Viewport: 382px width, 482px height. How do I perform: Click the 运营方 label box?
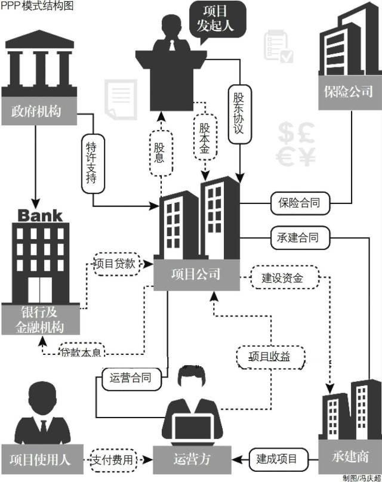point(192,459)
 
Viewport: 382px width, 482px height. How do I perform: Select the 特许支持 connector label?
point(91,162)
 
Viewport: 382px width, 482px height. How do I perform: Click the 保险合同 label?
point(299,202)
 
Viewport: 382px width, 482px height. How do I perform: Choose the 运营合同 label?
point(130,378)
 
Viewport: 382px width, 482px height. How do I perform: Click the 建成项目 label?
point(277,459)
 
